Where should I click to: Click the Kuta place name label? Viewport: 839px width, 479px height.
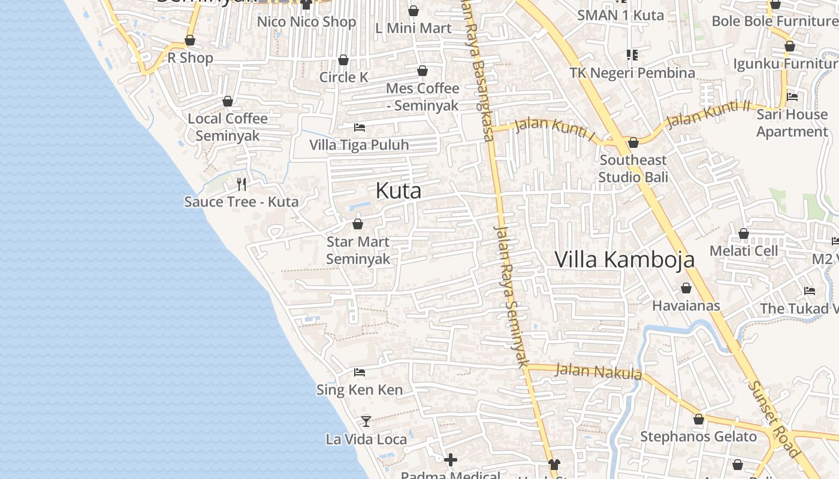[x=399, y=191]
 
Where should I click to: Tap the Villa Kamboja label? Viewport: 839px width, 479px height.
[x=624, y=259]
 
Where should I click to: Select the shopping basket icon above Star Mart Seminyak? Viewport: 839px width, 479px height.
[x=358, y=224]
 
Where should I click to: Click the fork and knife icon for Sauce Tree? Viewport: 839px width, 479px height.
[x=242, y=184]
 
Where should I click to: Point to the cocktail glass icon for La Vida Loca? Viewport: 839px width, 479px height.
[x=366, y=421]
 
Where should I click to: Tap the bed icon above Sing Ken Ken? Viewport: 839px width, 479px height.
[x=360, y=372]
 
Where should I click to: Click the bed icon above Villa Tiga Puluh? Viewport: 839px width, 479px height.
[x=360, y=127]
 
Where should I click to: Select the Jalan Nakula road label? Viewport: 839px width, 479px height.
[x=598, y=372]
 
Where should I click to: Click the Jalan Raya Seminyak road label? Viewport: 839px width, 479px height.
[x=511, y=295]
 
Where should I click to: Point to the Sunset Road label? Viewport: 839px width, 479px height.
[x=774, y=419]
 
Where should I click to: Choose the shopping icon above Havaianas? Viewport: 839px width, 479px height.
[x=686, y=288]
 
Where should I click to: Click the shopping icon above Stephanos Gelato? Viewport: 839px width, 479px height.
[x=698, y=419]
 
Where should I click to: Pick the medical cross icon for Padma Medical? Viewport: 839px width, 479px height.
[x=451, y=459]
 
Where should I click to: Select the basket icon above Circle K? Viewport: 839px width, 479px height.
[x=343, y=60]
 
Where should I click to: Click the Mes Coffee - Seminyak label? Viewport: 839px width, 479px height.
[x=422, y=97]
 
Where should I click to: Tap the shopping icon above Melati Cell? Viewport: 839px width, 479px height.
[x=744, y=234]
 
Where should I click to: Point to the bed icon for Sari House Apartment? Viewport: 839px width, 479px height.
[x=792, y=96]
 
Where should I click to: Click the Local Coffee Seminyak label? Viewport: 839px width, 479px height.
[x=228, y=127]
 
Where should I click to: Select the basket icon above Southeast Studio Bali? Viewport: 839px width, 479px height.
[x=633, y=143]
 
